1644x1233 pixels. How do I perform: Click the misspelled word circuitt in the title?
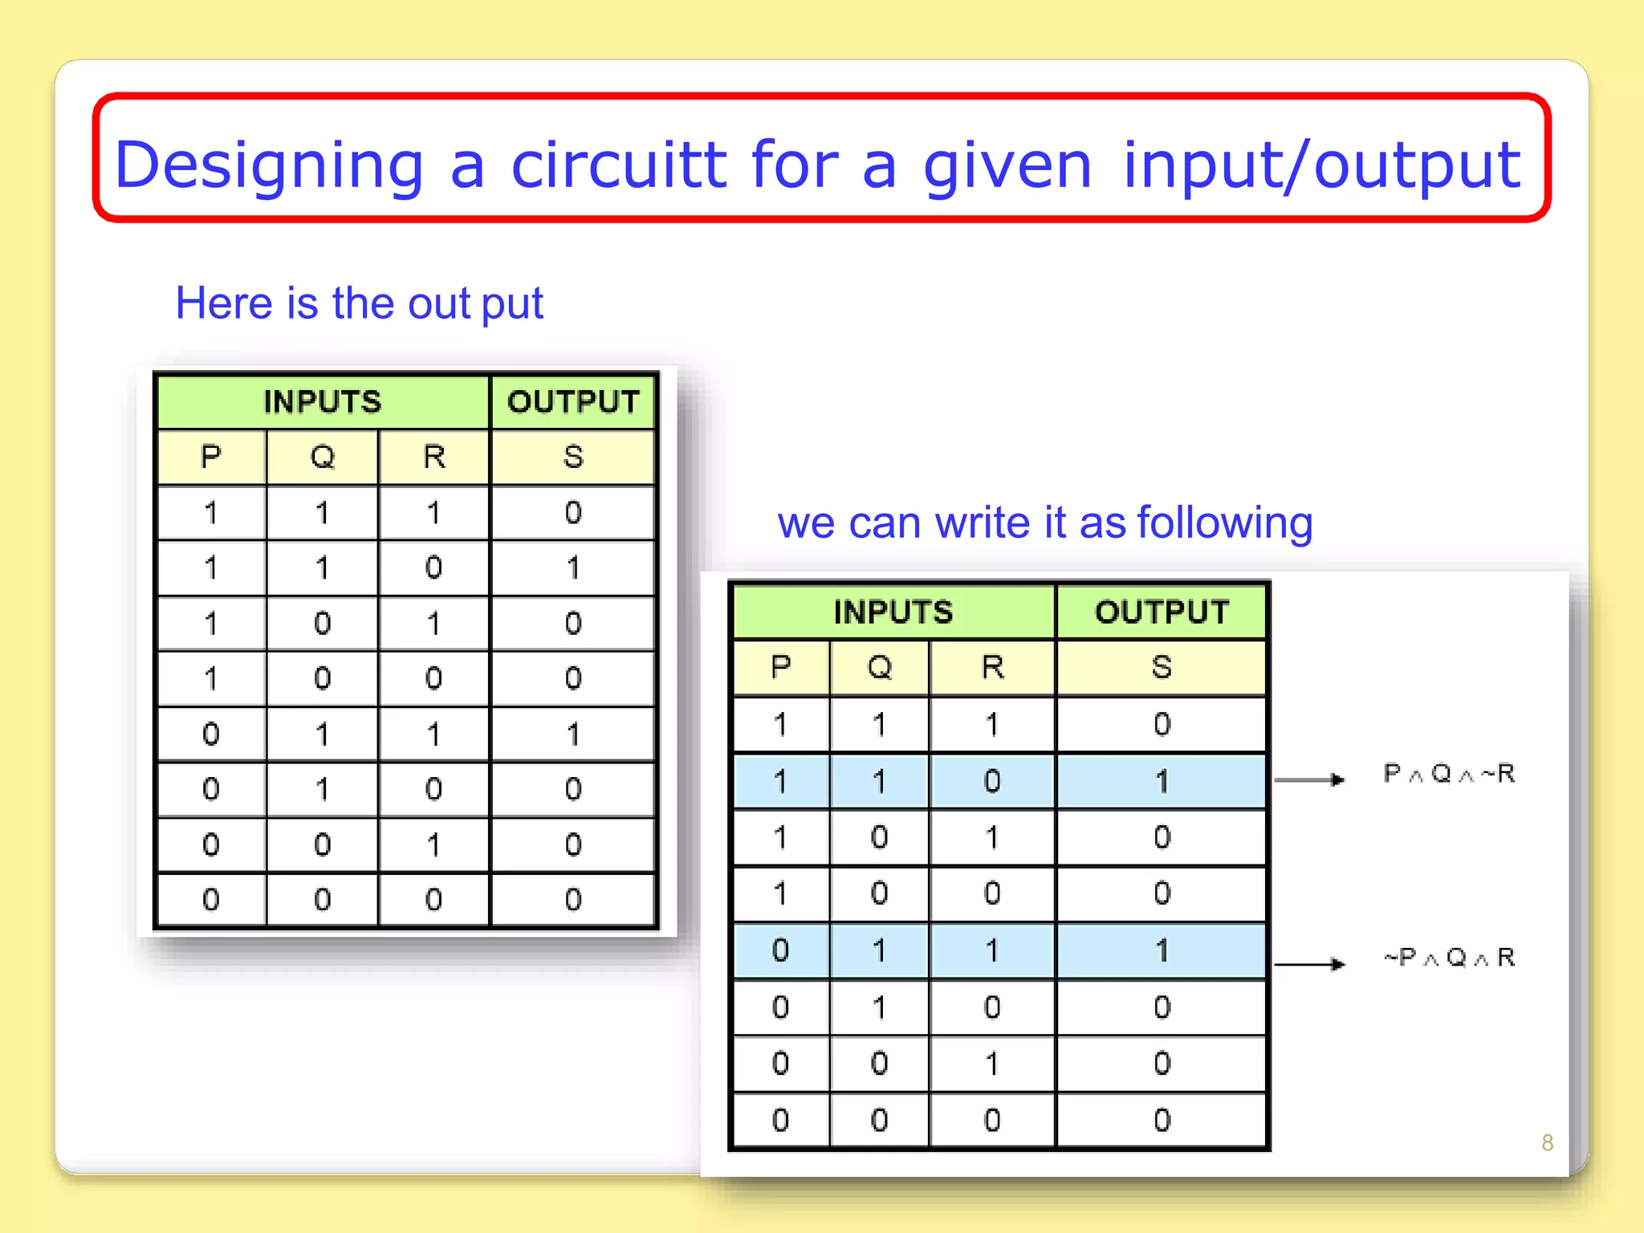click(618, 165)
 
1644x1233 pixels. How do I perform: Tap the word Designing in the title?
click(269, 165)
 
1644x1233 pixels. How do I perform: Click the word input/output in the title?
click(1320, 165)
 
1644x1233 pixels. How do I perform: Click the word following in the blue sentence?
click(1225, 523)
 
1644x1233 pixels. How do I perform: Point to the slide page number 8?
click(1547, 1142)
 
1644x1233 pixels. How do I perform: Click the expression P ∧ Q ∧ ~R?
click(1449, 774)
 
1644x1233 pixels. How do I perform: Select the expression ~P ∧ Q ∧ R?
click(1449, 957)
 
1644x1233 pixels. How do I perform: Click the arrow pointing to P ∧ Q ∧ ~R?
click(1308, 779)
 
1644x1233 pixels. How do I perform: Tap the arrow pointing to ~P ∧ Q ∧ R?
click(1308, 964)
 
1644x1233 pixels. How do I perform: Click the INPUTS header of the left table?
click(323, 401)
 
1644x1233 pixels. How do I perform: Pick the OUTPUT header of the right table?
click(1162, 612)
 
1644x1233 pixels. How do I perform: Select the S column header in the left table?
click(572, 457)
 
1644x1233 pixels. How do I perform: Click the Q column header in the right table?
click(880, 667)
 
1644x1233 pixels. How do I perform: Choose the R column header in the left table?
click(433, 457)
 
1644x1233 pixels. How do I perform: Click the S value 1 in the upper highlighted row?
click(1162, 781)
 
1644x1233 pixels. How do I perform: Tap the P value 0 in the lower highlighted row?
click(780, 950)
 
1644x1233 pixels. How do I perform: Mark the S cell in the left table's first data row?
click(572, 512)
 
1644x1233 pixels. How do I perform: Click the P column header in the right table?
click(780, 667)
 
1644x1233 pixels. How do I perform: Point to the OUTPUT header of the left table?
click(572, 401)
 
